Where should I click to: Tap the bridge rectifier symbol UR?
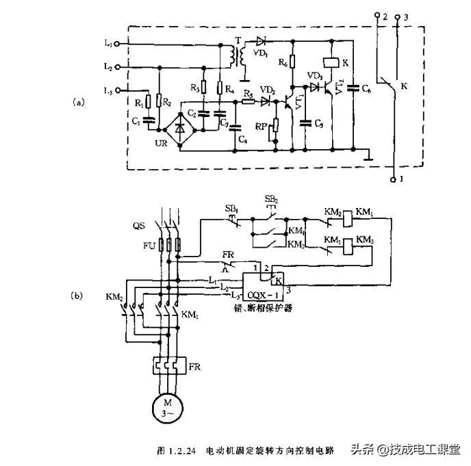pyautogui.click(x=180, y=127)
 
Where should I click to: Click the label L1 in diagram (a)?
pyautogui.click(x=108, y=43)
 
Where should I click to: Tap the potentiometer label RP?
pyautogui.click(x=262, y=126)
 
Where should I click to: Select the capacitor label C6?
pyautogui.click(x=367, y=90)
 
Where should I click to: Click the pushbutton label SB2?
pyautogui.click(x=270, y=198)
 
